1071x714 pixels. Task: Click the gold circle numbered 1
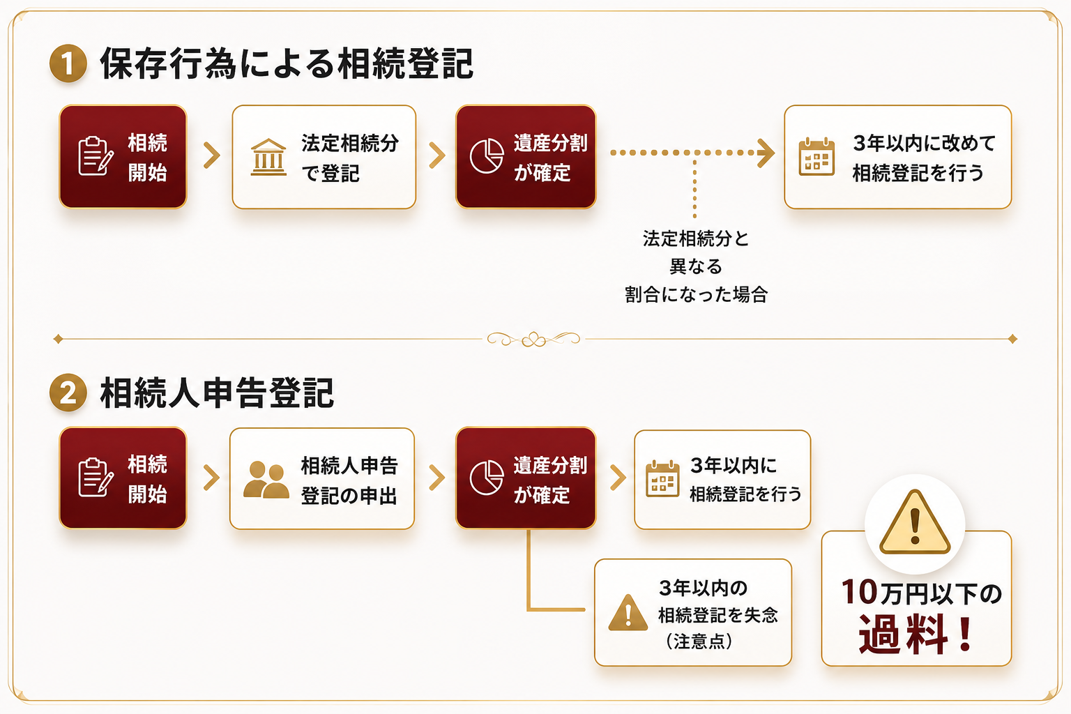point(68,63)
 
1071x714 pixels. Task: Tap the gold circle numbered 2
point(68,393)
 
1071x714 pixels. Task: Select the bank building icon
point(268,158)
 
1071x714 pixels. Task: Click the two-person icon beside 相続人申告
point(266,480)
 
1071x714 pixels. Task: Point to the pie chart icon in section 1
point(487,156)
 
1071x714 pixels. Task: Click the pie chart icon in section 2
point(487,478)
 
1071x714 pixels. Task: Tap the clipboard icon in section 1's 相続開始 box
point(96,156)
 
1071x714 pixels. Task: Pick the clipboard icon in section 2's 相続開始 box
point(96,477)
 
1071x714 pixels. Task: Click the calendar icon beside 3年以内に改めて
point(816,157)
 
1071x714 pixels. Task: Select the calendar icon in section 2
point(662,479)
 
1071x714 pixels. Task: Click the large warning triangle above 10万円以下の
point(915,523)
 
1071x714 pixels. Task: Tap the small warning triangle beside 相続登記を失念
point(628,612)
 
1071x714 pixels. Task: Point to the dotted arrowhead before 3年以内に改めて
point(766,153)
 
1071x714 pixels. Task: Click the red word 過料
point(903,634)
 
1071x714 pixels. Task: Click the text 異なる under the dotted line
point(696,266)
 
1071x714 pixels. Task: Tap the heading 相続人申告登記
point(217,393)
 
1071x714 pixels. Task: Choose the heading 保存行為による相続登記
point(287,63)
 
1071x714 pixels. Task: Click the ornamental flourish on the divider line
point(533,339)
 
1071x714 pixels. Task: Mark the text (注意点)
point(699,641)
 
